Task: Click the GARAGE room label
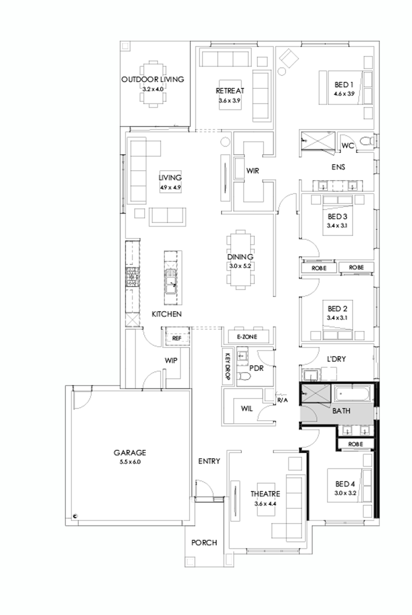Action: click(129, 453)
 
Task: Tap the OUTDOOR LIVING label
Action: click(152, 79)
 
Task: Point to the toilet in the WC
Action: click(366, 141)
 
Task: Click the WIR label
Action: click(253, 171)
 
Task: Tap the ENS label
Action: click(337, 167)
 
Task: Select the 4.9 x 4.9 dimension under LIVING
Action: click(170, 187)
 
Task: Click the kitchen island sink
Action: click(171, 288)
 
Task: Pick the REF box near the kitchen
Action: click(176, 338)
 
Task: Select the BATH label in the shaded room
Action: click(341, 411)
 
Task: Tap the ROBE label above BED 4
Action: click(354, 444)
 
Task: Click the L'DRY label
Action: click(337, 358)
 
